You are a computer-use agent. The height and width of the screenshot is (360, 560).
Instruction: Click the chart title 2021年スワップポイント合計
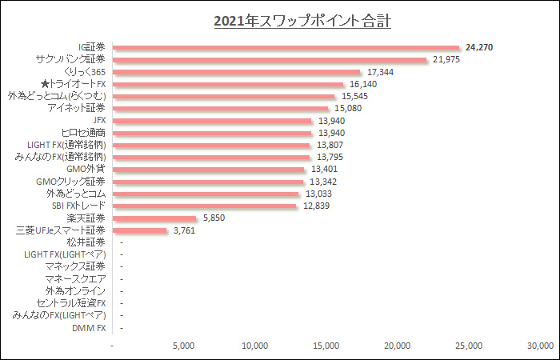pos(302,21)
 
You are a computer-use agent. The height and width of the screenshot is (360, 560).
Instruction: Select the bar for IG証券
pos(287,48)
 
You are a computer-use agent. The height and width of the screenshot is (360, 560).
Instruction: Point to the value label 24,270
pos(478,48)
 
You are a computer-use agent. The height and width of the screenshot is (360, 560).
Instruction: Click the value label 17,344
pos(380,72)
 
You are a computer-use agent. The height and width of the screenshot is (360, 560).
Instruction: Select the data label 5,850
pos(214,218)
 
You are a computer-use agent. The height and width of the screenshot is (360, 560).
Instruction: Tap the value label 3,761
pos(183,230)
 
